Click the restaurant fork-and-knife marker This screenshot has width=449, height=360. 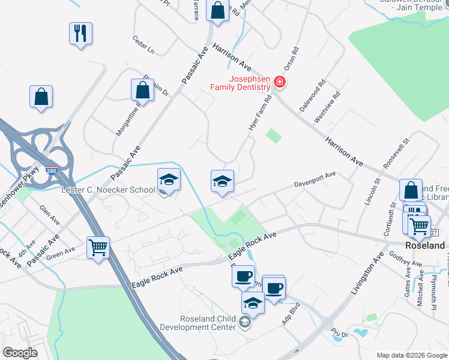click(80, 33)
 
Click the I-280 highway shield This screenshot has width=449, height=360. click(52, 171)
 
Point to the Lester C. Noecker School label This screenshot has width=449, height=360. click(109, 190)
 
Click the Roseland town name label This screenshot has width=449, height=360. click(425, 246)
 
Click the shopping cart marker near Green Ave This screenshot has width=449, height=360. click(98, 247)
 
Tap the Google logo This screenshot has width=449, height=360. click(20, 353)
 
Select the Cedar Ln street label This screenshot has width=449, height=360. click(143, 46)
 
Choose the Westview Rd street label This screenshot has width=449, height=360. click(328, 107)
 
